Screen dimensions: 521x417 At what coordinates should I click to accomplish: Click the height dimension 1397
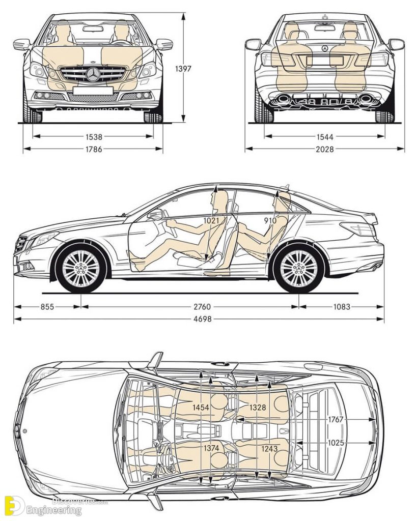(x=183, y=68)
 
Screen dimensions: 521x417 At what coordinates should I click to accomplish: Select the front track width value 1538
(x=94, y=136)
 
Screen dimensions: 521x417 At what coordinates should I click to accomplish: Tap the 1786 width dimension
(x=94, y=149)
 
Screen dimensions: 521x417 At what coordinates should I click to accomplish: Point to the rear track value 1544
(x=324, y=136)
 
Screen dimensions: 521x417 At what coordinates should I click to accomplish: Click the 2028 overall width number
(x=324, y=149)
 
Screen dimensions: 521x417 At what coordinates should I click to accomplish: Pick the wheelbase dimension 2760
(x=202, y=307)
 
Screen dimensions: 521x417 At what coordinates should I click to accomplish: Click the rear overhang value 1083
(x=341, y=307)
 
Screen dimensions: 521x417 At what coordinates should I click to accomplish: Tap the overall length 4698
(x=202, y=319)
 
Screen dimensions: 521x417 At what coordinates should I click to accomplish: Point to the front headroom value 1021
(x=212, y=221)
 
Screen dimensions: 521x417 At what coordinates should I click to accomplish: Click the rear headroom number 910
(x=270, y=221)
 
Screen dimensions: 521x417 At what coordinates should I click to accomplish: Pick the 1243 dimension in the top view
(x=270, y=448)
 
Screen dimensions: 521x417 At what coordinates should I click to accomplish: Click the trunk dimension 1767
(x=336, y=419)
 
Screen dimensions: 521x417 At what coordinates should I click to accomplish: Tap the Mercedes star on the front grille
(x=93, y=75)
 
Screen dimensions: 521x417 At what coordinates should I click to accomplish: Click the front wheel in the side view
(x=81, y=268)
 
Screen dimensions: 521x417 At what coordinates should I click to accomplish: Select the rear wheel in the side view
(x=299, y=268)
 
